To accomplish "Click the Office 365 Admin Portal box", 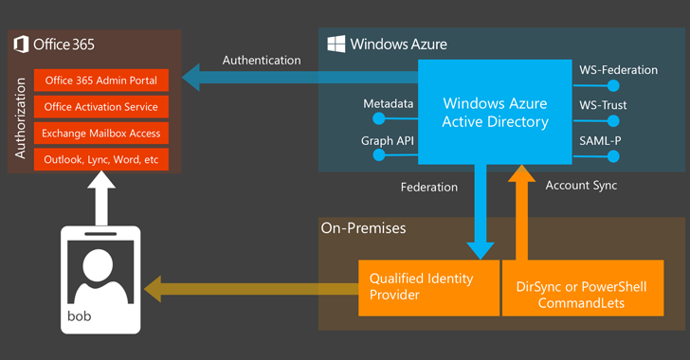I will click(x=100, y=81).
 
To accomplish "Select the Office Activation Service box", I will click(x=100, y=107).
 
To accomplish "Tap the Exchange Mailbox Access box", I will click(x=100, y=134).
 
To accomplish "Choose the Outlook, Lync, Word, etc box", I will click(x=100, y=160).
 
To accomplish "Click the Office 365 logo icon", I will click(x=21, y=44).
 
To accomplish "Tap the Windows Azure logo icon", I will click(x=336, y=44).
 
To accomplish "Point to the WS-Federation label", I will click(x=610, y=70).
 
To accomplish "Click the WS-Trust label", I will click(x=602, y=105).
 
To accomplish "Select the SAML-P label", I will click(x=600, y=140).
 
